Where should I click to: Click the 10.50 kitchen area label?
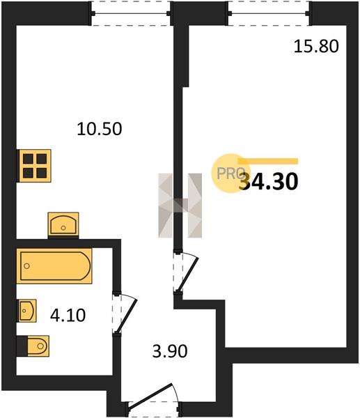[x=100, y=129]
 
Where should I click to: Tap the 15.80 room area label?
[x=316, y=46]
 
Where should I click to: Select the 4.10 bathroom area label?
[x=68, y=315]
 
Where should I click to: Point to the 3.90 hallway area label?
[x=170, y=351]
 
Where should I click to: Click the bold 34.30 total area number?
[x=269, y=182]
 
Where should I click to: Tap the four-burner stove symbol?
[x=34, y=166]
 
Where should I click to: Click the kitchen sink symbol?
[x=63, y=224]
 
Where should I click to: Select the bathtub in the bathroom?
[x=54, y=266]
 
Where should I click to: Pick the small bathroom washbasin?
[x=27, y=311]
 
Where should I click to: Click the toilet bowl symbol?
[x=38, y=346]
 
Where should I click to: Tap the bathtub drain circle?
[x=26, y=266]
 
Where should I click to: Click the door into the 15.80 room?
[x=186, y=271]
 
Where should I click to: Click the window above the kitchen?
[x=131, y=13]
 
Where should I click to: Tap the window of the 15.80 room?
[x=269, y=13]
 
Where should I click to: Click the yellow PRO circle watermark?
[x=230, y=173]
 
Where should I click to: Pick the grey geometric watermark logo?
[x=180, y=206]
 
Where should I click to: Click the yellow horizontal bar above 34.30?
[x=268, y=161]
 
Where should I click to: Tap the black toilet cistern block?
[x=22, y=346]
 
